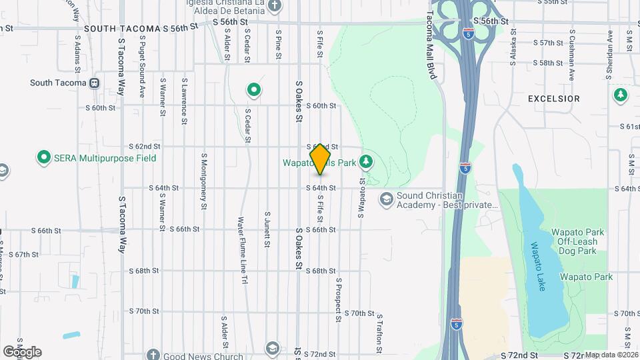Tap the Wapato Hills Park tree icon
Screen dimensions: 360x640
[365, 161]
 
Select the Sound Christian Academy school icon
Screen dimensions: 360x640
[386, 199]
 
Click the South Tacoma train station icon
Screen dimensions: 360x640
[94, 83]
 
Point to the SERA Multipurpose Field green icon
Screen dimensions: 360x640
[44, 158]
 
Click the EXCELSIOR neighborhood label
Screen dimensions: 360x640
[553, 99]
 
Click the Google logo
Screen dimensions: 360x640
[22, 351]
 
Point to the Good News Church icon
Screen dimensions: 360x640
[153, 355]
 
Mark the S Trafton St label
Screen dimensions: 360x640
[379, 333]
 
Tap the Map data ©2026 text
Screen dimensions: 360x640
[611, 355]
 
